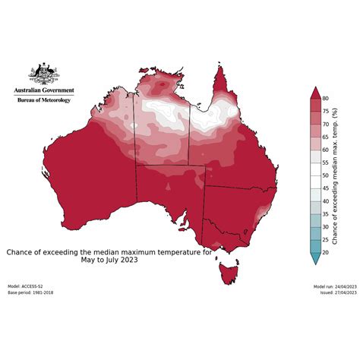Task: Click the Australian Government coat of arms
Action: coord(43,74)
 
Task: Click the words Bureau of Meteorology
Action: coord(43,99)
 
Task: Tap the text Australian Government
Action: coord(43,90)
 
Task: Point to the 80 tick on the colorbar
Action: coord(326,98)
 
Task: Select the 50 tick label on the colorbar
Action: coord(326,175)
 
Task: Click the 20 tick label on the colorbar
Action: coord(326,252)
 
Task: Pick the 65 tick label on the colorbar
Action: coord(326,137)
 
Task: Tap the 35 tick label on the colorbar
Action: coord(326,213)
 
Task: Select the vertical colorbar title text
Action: coord(336,175)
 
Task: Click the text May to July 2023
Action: coord(109,260)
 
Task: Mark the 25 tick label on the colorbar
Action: coord(326,239)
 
